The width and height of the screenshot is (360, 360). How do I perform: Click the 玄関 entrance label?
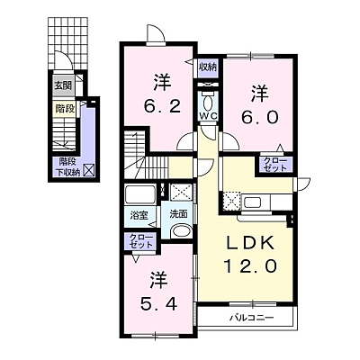coord(63,85)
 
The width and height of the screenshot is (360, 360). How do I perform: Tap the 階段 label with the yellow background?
coord(65,109)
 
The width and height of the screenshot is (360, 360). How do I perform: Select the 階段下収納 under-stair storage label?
coord(68,166)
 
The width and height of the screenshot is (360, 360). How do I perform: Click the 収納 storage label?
coord(208,67)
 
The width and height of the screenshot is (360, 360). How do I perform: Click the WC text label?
coord(209,116)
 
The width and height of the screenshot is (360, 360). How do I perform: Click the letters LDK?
coord(250,243)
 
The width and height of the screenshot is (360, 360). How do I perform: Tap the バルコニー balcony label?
coord(252,318)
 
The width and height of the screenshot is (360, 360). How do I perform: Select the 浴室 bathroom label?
coord(139,215)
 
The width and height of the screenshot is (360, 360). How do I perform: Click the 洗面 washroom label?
coord(178,213)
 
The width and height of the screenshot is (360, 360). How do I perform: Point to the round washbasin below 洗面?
coord(181,231)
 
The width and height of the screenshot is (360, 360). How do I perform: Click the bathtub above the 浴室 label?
coord(140,195)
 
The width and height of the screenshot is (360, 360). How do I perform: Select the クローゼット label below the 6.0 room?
coord(274,165)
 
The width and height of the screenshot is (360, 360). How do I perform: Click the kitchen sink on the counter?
coord(253,202)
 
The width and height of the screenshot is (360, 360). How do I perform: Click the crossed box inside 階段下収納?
coord(89,170)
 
